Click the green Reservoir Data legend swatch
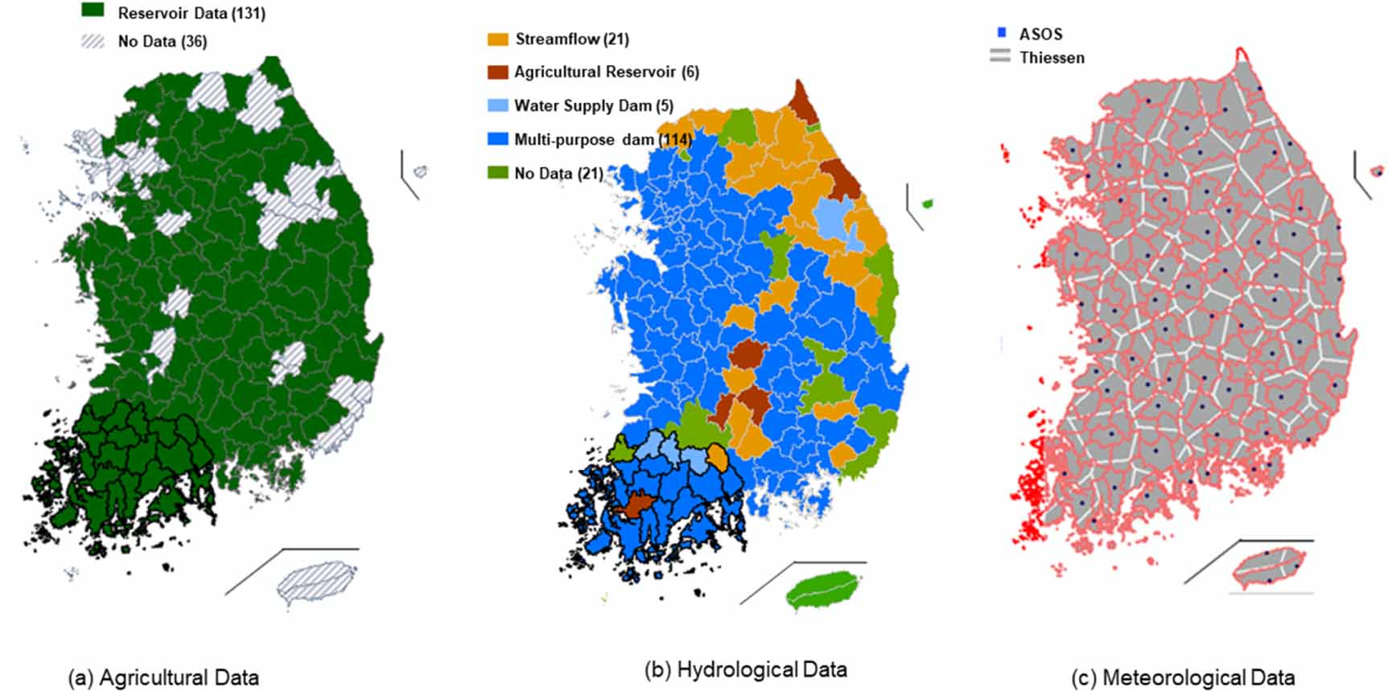coord(93,10)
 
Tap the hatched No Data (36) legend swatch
coord(93,41)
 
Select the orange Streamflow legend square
coord(498,39)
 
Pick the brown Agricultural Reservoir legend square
coord(498,72)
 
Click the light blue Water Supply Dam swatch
coord(498,105)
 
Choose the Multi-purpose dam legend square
coord(498,139)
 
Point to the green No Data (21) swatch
coord(498,172)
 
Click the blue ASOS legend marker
coord(1002,33)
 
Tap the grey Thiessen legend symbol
coord(1000,56)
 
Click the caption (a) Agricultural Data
coord(163,677)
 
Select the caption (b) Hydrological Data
coord(745,669)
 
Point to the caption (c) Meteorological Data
coord(1183,677)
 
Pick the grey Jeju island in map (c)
coord(1269,566)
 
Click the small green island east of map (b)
coord(927,204)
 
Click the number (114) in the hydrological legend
coord(675,139)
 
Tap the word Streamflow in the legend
coord(557,39)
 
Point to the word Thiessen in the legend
coord(1052,58)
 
